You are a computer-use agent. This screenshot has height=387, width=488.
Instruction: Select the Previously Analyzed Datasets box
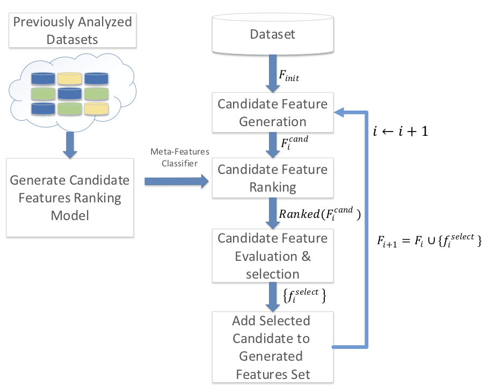(72, 31)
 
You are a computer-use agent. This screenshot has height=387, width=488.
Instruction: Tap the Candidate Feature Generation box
(273, 112)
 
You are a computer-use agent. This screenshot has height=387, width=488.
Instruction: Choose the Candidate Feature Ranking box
(273, 178)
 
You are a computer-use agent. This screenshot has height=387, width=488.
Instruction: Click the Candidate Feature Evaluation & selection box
(273, 255)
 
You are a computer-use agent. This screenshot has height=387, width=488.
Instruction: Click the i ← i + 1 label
(400, 130)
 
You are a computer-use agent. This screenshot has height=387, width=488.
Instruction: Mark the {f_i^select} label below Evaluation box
(304, 295)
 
